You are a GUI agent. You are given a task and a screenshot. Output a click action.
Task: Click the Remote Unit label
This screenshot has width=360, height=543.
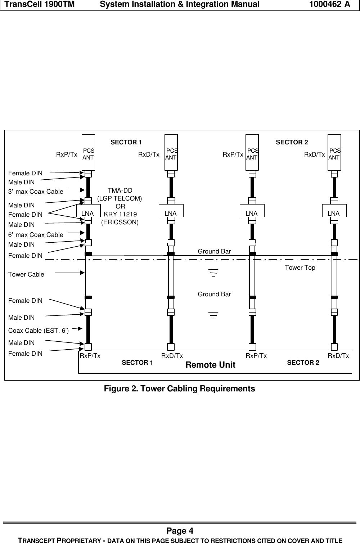coord(210,365)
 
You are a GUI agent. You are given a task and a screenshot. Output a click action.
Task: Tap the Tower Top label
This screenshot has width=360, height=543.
coord(300,268)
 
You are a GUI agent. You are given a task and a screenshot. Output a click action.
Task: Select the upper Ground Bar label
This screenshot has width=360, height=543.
coord(214,251)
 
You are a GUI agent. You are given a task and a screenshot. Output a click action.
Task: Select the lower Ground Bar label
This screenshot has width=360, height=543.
coord(214,295)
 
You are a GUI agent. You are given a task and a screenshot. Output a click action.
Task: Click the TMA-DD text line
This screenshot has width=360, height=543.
coord(120,190)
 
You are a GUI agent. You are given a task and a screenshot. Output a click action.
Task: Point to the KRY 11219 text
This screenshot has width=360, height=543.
coord(120,215)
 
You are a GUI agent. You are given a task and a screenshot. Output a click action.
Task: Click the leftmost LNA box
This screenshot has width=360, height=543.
coord(88,214)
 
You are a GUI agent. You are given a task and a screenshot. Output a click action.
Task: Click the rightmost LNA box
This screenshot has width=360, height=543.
coord(334,214)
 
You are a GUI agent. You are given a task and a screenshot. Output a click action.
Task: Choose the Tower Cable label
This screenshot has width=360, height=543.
coord(26,274)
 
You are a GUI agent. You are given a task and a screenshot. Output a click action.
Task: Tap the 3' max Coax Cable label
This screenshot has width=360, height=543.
coord(36,192)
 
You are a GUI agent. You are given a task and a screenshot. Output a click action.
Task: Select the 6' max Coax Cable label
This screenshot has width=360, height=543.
coord(36,235)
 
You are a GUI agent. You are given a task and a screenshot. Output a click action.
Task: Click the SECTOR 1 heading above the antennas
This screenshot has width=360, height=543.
coord(126,142)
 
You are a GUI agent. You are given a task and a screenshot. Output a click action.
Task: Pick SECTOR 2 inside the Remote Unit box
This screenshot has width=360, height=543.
coord(303,363)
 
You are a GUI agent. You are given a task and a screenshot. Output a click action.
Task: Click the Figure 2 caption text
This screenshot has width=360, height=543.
coord(179,389)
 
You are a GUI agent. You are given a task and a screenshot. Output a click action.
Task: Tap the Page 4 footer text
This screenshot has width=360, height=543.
coord(180,531)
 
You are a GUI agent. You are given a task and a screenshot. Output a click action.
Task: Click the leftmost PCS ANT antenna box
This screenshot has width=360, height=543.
coord(88,152)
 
